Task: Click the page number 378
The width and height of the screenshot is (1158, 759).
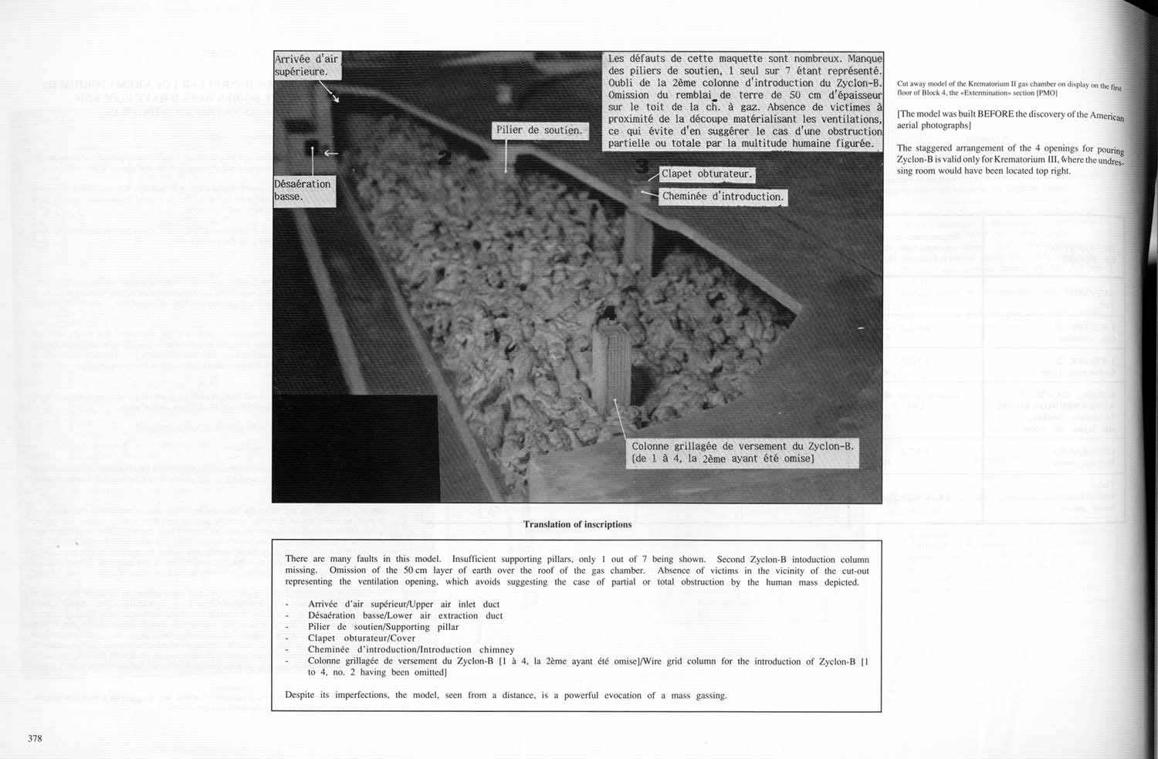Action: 35,738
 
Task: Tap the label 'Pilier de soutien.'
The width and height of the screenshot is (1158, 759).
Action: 539,130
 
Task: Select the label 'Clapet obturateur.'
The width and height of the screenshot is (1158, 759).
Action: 706,174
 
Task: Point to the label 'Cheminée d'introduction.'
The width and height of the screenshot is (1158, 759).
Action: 723,196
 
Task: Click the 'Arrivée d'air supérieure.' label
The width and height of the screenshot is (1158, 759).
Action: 306,65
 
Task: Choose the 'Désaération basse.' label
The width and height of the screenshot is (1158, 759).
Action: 303,190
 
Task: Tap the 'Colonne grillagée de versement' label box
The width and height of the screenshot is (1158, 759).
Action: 742,452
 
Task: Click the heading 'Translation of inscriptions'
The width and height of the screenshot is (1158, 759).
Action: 577,524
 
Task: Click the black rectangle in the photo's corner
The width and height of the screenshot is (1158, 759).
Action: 355,448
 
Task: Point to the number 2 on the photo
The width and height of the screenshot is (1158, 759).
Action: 444,158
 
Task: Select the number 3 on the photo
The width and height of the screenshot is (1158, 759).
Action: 642,165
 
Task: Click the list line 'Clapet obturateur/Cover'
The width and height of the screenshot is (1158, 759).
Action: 361,638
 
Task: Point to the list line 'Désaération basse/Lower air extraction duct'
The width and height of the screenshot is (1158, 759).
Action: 405,615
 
